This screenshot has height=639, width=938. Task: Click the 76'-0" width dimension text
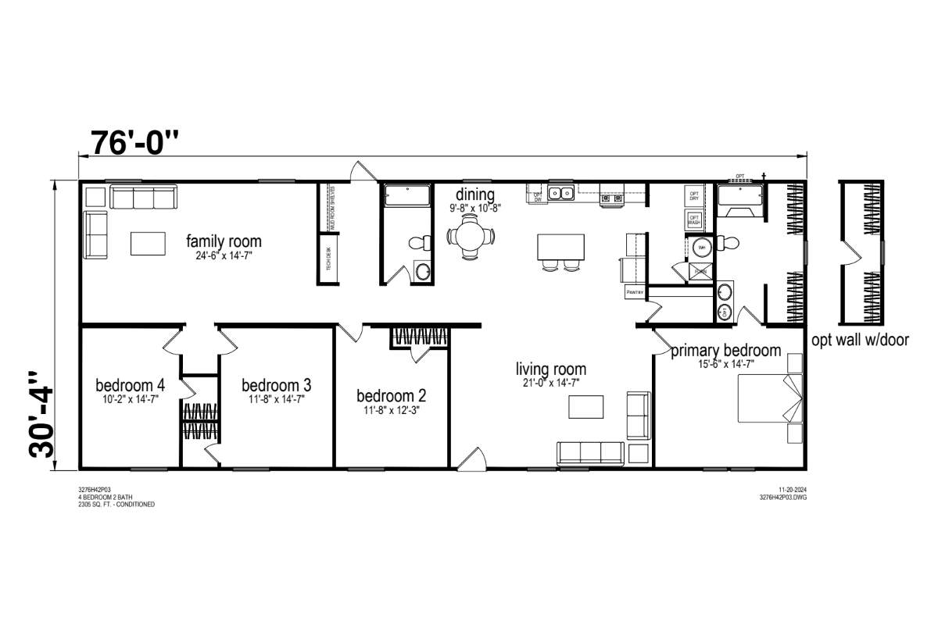click(x=136, y=142)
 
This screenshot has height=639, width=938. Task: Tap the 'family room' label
click(x=224, y=241)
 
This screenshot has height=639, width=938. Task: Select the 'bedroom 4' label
click(x=130, y=385)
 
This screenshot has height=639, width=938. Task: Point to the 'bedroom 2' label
click(x=391, y=395)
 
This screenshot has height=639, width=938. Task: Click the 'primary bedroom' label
click(x=725, y=351)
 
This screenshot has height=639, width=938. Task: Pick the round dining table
click(x=471, y=235)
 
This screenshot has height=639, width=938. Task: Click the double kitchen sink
click(x=560, y=193)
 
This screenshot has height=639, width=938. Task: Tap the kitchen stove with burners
click(x=611, y=199)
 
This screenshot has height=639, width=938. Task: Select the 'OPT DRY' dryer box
click(x=693, y=195)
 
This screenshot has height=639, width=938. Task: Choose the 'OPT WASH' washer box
click(x=693, y=220)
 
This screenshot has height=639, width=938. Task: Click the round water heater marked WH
click(x=700, y=248)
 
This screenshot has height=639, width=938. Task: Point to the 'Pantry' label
click(x=633, y=293)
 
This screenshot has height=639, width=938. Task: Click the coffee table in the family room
click(x=149, y=243)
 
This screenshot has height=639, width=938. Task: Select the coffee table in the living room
click(x=585, y=407)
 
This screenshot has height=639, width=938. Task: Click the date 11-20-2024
click(x=793, y=489)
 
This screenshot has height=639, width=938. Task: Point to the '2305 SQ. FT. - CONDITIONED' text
click(x=116, y=505)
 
